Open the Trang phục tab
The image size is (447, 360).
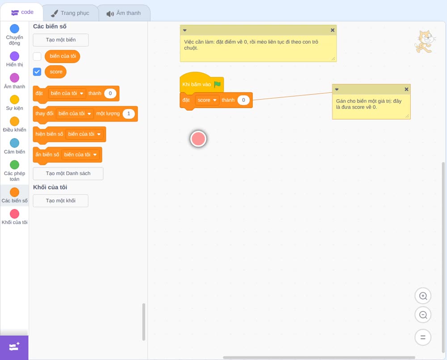(x=70, y=13)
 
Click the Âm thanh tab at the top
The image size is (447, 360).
(x=124, y=13)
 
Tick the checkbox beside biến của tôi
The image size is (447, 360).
(x=37, y=56)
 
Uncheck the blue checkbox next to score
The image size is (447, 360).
(x=37, y=72)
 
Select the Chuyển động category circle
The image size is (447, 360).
(x=15, y=29)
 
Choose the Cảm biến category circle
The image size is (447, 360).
(x=15, y=143)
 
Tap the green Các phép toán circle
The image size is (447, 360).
(x=15, y=165)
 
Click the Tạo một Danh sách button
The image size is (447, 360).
(x=68, y=173)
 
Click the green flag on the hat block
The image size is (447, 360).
(x=218, y=84)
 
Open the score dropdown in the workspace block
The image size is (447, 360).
(x=207, y=100)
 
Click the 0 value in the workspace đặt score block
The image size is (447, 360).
(x=244, y=100)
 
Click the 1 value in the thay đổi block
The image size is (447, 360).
(x=129, y=113)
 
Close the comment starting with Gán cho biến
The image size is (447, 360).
(x=406, y=89)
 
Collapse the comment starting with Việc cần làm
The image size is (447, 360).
(x=185, y=30)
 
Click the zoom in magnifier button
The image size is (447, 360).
(x=423, y=296)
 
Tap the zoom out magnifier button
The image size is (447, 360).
(x=423, y=315)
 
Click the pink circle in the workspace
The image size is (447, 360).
(x=198, y=139)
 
